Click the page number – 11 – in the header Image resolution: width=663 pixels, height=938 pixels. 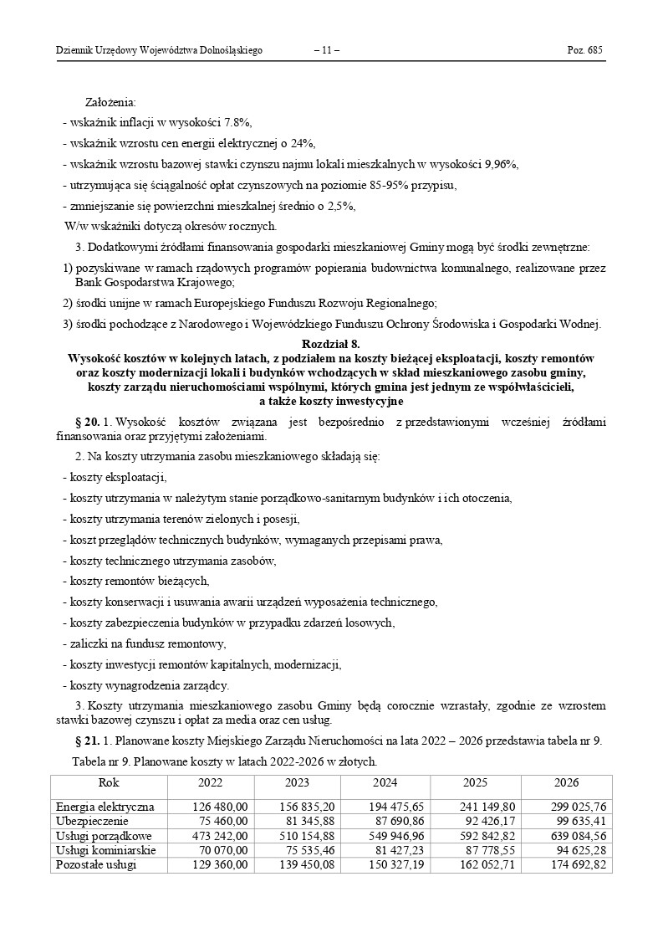[326, 51]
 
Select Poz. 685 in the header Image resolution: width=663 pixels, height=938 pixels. [584, 51]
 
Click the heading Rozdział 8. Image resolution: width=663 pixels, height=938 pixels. [331, 344]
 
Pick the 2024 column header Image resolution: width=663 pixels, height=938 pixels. [385, 783]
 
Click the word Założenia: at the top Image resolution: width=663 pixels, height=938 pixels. [111, 102]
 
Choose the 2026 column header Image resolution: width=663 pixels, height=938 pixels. [566, 783]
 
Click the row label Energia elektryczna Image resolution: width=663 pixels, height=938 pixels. [105, 807]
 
